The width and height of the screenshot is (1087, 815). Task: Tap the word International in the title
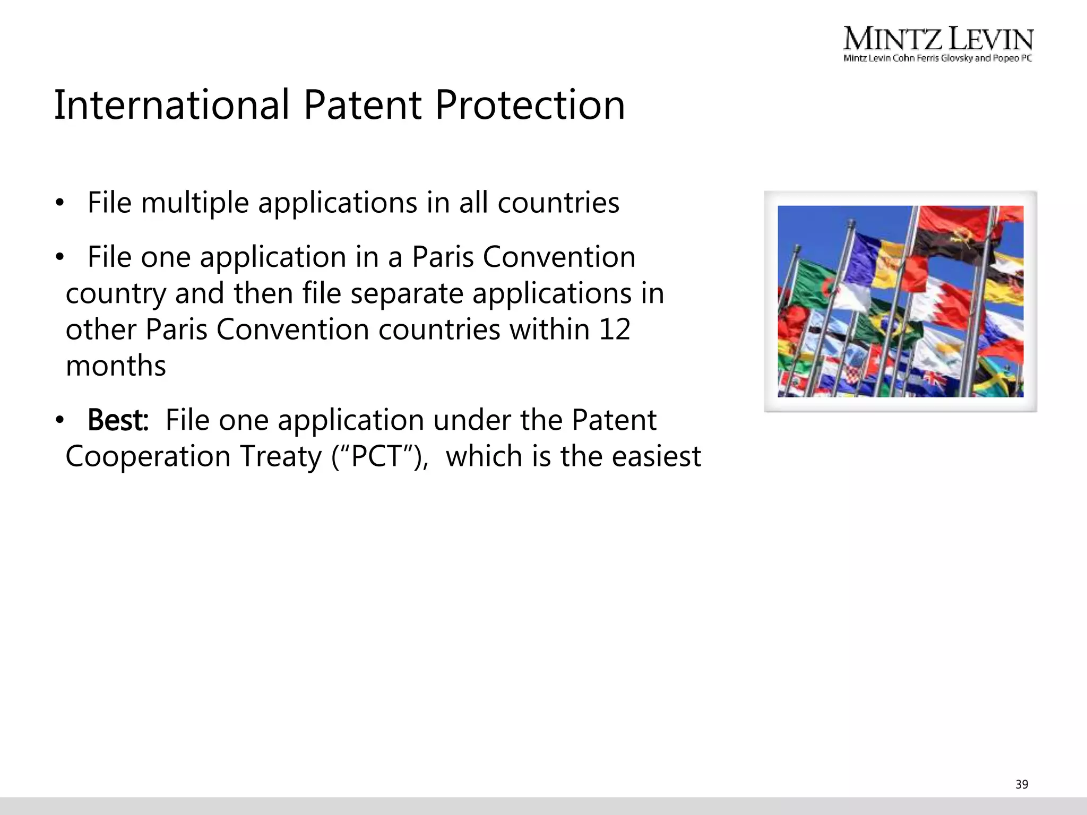(x=172, y=105)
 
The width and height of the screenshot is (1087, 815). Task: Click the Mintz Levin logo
(x=938, y=45)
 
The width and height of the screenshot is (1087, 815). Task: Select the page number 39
(x=1021, y=784)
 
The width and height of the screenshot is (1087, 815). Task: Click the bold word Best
(x=118, y=420)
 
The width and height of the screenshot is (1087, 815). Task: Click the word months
(x=116, y=366)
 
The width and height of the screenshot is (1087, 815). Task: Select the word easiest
(x=656, y=456)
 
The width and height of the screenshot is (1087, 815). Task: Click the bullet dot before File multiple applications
(x=59, y=203)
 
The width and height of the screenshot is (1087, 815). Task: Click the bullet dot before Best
(x=59, y=421)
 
